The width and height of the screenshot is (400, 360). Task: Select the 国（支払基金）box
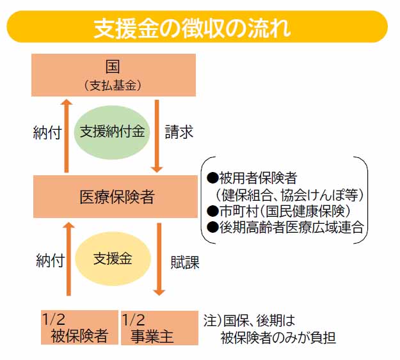(114, 74)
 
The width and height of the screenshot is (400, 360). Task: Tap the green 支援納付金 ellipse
(114, 131)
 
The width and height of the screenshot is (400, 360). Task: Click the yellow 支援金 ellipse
(113, 258)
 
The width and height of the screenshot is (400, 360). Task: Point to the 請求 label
(179, 132)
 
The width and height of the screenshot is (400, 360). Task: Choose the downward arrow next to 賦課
(159, 259)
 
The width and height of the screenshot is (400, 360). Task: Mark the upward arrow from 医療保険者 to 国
(67, 135)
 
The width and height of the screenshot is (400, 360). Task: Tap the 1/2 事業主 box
(158, 327)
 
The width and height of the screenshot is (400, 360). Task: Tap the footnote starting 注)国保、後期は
(269, 326)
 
